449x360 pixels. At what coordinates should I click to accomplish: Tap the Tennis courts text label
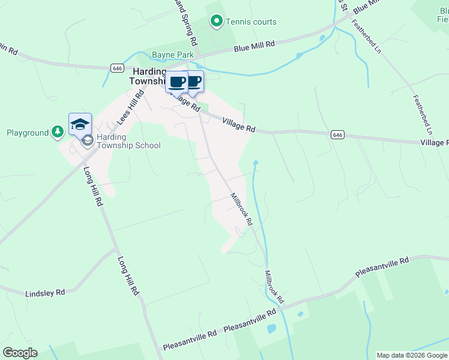(x=251, y=22)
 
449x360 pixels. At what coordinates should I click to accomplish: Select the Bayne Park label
(x=173, y=55)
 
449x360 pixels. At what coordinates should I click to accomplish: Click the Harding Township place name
(x=148, y=76)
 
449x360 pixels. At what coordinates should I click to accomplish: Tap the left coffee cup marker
(x=177, y=82)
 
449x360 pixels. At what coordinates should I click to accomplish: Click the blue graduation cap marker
(x=80, y=124)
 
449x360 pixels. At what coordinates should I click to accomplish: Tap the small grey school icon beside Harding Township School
(x=88, y=140)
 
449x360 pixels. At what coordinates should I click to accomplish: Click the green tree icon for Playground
(x=57, y=132)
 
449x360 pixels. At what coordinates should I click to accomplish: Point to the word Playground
(x=28, y=133)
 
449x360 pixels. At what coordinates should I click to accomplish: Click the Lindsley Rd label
(x=45, y=293)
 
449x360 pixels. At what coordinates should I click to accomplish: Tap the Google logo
(x=20, y=353)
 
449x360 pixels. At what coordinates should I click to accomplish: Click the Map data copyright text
(x=412, y=355)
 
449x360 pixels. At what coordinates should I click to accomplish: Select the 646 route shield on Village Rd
(x=337, y=135)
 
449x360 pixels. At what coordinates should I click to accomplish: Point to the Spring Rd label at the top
(x=185, y=24)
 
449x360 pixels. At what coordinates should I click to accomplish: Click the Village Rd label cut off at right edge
(x=435, y=143)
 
